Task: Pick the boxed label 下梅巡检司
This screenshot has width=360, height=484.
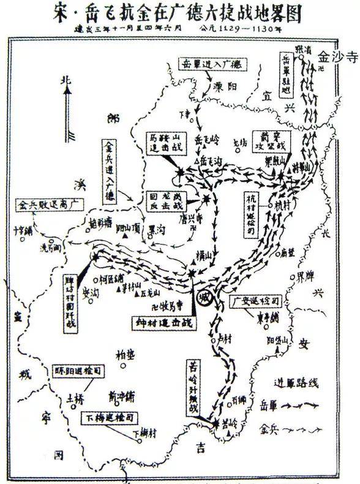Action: point(111,419)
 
